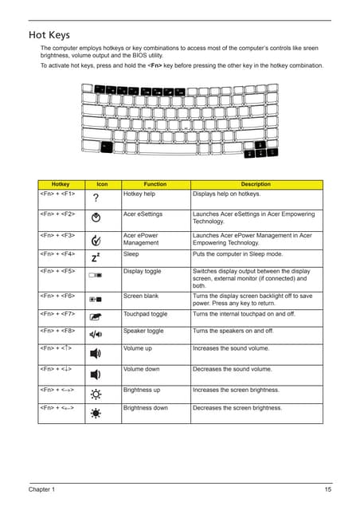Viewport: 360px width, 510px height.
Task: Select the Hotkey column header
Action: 60,184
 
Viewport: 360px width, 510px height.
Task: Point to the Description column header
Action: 256,184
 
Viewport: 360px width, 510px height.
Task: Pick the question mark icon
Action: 96,198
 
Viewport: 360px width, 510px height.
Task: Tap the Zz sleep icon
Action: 96,257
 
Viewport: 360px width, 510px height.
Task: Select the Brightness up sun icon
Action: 96,394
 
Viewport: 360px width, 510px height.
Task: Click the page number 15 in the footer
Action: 327,488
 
